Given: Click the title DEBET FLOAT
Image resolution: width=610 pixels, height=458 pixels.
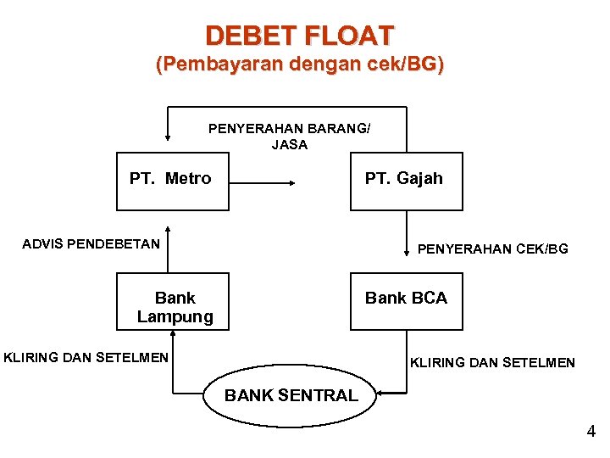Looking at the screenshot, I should coord(299,36).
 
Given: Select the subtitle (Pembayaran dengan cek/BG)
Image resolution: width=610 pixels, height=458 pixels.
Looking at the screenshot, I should coord(299,65).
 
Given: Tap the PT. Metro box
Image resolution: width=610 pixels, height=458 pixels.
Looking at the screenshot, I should coord(172,181).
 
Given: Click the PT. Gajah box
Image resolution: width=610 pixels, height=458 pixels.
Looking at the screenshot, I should coord(407,181).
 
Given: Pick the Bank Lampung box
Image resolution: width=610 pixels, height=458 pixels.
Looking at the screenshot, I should coord(172,301).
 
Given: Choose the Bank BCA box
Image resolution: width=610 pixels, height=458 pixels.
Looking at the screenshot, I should coord(407,301).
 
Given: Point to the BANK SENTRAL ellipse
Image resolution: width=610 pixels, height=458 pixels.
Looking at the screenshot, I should coord(291,394).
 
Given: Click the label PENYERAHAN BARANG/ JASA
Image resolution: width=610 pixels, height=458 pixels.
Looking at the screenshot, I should coord(289,137).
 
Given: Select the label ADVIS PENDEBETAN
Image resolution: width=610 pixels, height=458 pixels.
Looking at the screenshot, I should coord(91,244).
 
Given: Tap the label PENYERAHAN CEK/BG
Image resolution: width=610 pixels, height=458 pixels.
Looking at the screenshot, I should coord(492,249).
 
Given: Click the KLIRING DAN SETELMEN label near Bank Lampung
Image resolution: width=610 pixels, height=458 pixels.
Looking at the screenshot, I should coord(86,357).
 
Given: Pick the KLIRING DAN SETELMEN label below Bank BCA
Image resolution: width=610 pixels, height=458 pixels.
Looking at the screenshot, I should coord(492,363).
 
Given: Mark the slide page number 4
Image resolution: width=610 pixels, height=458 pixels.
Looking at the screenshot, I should coord(591,432).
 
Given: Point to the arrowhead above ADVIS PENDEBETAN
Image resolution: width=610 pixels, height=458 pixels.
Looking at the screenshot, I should coord(169,229).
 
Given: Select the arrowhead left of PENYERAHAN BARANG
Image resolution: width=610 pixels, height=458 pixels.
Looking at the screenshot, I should coord(169,137).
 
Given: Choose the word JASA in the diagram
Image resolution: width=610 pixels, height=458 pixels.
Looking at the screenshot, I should coord(289,145).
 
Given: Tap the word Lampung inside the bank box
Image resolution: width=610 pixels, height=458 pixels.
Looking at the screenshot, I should coord(175,317).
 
